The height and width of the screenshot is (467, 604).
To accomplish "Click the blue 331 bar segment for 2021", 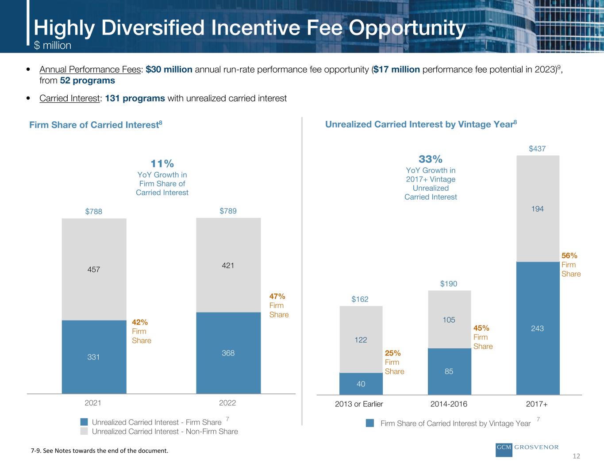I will point(94,357).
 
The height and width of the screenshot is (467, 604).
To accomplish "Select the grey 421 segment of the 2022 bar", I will point(228,266).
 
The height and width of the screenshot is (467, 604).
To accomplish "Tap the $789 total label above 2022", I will point(228,211).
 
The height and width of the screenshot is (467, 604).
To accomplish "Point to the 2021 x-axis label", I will point(93,403).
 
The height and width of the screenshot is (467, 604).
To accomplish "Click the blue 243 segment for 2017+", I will point(538,328).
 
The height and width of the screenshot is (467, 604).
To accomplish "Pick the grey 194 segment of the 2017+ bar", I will point(538,208).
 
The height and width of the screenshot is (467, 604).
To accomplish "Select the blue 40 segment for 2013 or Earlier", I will point(361,384).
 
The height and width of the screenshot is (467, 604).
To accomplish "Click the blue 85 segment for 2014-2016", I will point(449,371).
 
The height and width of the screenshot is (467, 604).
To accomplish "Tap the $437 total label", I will point(538,149).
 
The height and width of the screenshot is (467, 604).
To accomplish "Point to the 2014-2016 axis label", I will point(449,404).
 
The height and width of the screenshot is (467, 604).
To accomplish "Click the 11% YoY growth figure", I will point(162,164).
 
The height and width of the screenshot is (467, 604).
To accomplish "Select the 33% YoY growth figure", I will point(431,159).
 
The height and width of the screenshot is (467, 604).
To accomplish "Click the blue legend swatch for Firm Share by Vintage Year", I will point(370,423).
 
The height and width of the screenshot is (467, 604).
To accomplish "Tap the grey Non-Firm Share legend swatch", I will point(84,431).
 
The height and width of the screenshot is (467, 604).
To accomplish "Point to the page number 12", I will point(576,456).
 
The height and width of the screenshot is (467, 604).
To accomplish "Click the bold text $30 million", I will point(169,69).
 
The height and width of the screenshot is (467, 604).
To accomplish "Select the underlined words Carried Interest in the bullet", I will point(69,98).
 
